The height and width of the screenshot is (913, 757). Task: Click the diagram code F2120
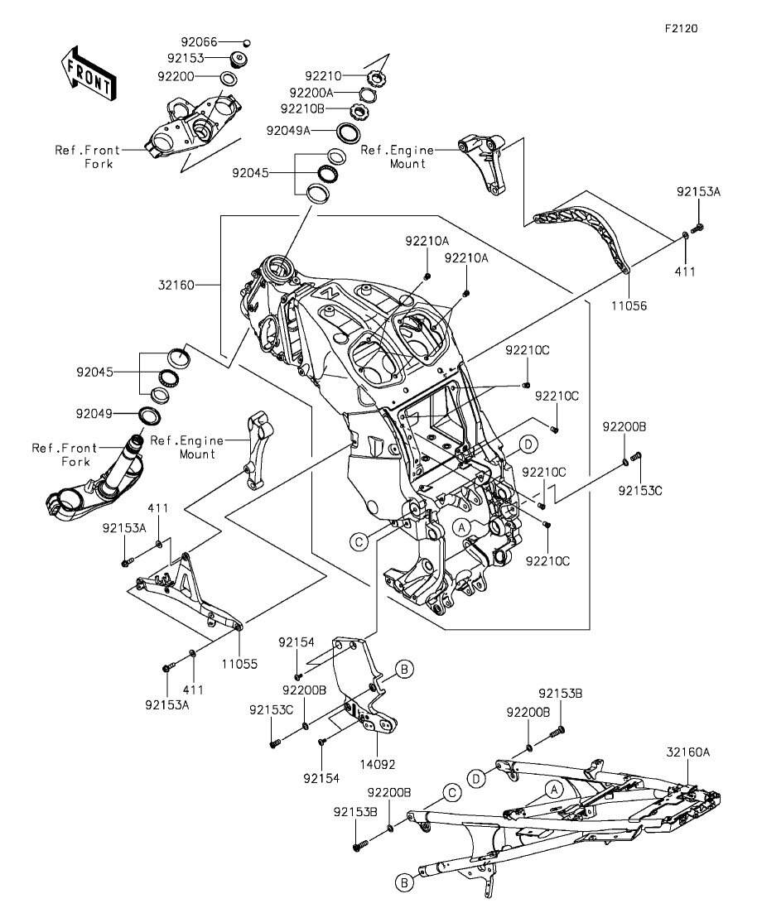[681, 28]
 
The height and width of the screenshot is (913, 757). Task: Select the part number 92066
[199, 41]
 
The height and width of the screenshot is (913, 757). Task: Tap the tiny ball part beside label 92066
[246, 41]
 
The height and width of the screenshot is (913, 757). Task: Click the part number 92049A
[288, 130]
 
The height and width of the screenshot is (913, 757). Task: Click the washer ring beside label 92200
[229, 78]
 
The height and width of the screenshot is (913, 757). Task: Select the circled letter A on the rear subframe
[554, 790]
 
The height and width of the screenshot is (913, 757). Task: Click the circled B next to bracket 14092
[403, 668]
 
